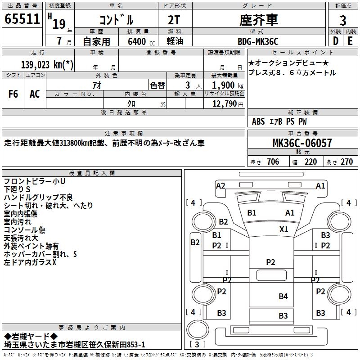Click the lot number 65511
22,19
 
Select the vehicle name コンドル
116,20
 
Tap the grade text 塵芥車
257,20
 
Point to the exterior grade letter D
336,40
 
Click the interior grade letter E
350,40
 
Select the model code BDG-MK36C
258,42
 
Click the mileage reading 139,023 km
47,64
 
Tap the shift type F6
13,94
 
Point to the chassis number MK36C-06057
302,143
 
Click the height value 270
346,162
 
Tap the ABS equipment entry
258,121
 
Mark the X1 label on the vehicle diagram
283,229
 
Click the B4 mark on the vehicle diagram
283,296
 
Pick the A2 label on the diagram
220,185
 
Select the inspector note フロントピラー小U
35,181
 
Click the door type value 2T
174,20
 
